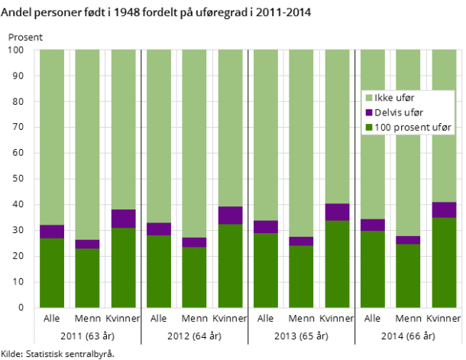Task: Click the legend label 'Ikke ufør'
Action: pyautogui.click(x=393, y=98)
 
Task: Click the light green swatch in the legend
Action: pyautogui.click(x=369, y=98)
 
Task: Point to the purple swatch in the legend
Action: pyautogui.click(x=369, y=112)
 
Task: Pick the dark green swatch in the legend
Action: pyautogui.click(x=369, y=127)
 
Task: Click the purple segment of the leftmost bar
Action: pyautogui.click(x=52, y=232)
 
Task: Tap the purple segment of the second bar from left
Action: pyautogui.click(x=87, y=245)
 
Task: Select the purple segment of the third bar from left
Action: pyautogui.click(x=123, y=219)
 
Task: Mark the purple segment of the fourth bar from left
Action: pyautogui.click(x=159, y=229)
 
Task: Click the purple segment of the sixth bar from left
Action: pyautogui.click(x=230, y=216)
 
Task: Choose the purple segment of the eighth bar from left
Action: pyautogui.click(x=301, y=242)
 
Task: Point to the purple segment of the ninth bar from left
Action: pyautogui.click(x=337, y=212)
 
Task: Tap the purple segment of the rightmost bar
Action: pyautogui.click(x=444, y=210)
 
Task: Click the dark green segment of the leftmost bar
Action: pyautogui.click(x=52, y=273)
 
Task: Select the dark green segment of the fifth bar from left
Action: pyautogui.click(x=194, y=277)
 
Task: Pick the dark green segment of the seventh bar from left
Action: pyautogui.click(x=266, y=271)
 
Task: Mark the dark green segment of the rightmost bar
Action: pyautogui.click(x=444, y=263)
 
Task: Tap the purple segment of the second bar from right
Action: pyautogui.click(x=408, y=240)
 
